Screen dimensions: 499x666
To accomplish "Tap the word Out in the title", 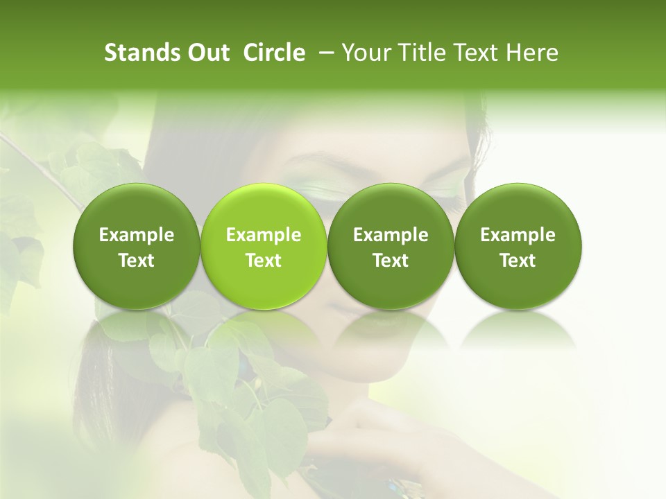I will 206,53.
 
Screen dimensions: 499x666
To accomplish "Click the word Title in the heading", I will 420,53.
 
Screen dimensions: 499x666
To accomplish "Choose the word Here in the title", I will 532,53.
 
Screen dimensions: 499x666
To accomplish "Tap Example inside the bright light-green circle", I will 264,236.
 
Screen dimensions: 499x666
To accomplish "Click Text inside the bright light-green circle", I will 264,261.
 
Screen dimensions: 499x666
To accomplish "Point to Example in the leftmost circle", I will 137,236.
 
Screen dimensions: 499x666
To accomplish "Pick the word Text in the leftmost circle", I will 137,261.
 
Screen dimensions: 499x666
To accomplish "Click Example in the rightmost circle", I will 518,236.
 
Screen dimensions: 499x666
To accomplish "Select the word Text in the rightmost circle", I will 518,261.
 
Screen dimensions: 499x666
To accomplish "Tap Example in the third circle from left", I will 391,236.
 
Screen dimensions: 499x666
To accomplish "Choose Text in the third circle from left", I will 391,261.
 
